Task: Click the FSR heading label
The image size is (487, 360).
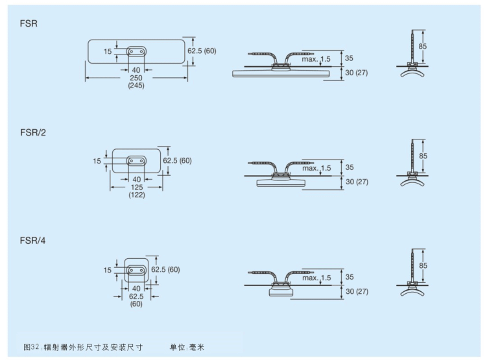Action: pyautogui.click(x=28, y=23)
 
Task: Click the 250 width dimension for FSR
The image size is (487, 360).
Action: pyautogui.click(x=136, y=78)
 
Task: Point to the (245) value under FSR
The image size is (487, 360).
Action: pyautogui.click(x=136, y=86)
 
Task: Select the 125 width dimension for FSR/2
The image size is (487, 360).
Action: pyautogui.click(x=136, y=187)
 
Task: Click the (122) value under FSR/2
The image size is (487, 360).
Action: pyautogui.click(x=136, y=195)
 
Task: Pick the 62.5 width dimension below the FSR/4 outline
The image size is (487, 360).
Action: pyautogui.click(x=136, y=296)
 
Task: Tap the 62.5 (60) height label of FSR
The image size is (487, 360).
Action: pyautogui.click(x=202, y=50)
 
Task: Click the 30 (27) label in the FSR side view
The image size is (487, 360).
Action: pyautogui.click(x=357, y=72)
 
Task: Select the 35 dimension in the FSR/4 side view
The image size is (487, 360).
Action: pyautogui.click(x=350, y=277)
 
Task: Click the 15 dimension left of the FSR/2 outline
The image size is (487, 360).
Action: pyautogui.click(x=97, y=161)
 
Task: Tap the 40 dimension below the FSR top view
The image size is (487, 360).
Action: pyautogui.click(x=136, y=69)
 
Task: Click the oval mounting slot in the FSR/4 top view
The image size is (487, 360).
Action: pyautogui.click(x=136, y=269)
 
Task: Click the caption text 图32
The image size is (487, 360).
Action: pyautogui.click(x=32, y=347)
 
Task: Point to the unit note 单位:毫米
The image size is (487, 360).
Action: pyautogui.click(x=187, y=347)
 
